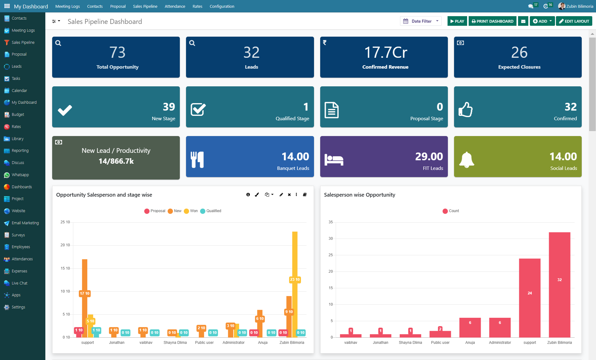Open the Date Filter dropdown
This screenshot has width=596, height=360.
(x=421, y=21)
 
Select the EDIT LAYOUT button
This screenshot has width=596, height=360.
(x=574, y=21)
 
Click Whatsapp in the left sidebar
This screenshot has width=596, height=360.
(x=20, y=175)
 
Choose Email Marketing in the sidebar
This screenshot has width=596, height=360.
(x=25, y=223)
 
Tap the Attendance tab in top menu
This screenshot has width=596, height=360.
(x=175, y=6)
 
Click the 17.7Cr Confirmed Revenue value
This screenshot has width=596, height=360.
(x=385, y=52)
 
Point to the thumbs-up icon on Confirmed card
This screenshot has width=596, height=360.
(x=465, y=109)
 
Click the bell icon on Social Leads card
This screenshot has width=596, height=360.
(x=466, y=159)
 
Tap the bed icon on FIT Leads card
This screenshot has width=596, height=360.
(x=334, y=159)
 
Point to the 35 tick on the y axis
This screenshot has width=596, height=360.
(x=330, y=222)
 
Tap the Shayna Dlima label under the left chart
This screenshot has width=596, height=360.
(x=175, y=343)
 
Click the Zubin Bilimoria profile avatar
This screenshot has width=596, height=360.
(x=561, y=6)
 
